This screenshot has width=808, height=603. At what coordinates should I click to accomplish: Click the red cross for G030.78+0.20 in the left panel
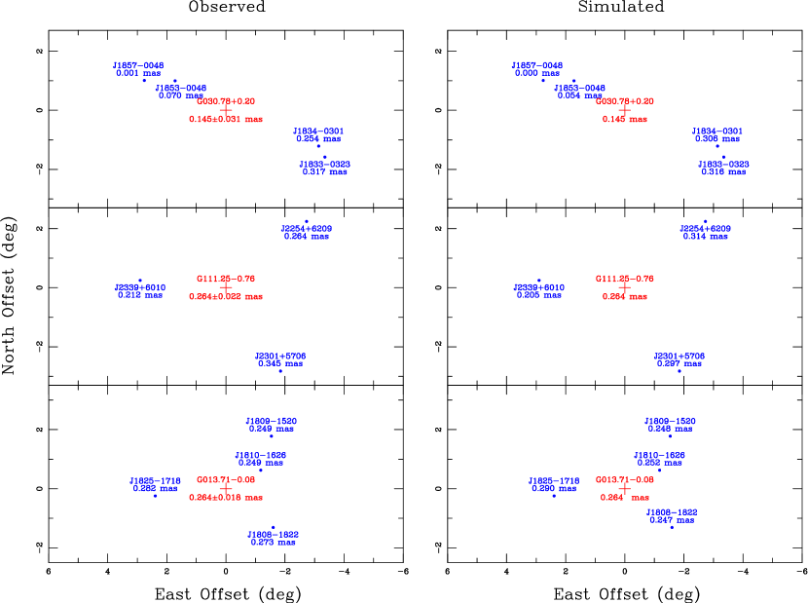click(226, 110)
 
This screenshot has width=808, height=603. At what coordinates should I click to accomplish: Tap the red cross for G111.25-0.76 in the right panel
click(625, 287)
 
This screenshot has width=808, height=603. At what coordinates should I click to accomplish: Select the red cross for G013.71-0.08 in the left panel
click(226, 488)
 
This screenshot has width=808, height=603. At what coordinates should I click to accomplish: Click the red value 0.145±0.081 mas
click(226, 119)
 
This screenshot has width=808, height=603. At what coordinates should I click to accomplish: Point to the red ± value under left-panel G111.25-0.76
click(226, 296)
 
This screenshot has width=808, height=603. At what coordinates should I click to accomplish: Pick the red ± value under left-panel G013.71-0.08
click(226, 497)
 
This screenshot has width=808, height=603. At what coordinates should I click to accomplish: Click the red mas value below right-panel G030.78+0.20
click(625, 119)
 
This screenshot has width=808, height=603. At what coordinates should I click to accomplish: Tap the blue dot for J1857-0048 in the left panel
click(144, 80)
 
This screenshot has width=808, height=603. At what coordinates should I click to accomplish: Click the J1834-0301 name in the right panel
click(717, 131)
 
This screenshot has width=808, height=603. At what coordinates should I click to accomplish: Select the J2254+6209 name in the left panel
click(307, 228)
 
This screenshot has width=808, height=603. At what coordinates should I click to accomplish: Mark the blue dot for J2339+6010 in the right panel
click(538, 280)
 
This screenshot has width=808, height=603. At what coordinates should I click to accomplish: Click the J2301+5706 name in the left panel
click(280, 357)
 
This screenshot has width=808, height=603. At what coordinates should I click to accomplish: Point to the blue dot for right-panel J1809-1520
click(670, 435)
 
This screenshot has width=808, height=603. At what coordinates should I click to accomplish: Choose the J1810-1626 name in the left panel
click(261, 455)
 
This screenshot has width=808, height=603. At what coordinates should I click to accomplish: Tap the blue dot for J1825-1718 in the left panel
click(155, 496)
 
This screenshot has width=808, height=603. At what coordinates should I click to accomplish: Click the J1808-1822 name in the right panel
click(672, 511)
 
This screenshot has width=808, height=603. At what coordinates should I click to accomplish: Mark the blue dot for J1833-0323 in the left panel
click(324, 156)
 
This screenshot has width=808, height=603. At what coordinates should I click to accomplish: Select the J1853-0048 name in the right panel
click(580, 88)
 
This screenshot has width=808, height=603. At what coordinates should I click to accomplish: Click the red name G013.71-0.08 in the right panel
click(625, 479)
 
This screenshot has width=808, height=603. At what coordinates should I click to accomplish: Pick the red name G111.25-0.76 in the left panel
click(226, 279)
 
